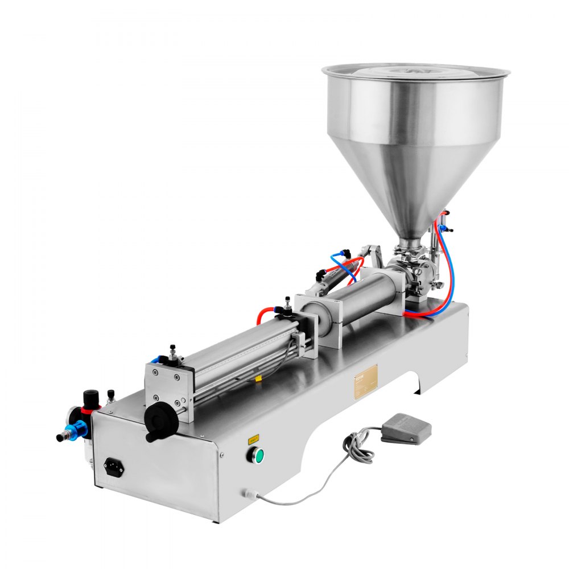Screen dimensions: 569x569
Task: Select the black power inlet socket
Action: tap(114, 468)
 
